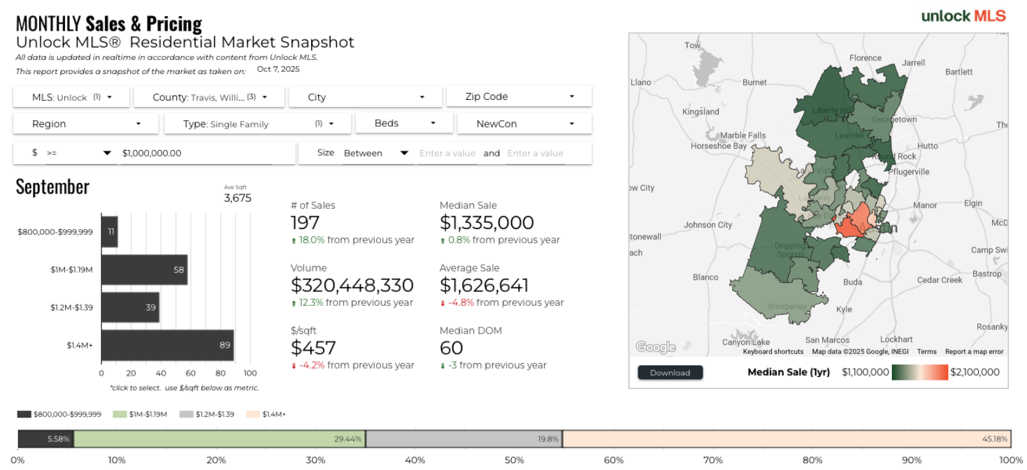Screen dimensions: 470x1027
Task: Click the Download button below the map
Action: click(x=670, y=372)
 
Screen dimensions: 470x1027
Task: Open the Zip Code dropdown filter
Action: click(x=519, y=96)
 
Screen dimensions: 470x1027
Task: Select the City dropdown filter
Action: click(x=365, y=97)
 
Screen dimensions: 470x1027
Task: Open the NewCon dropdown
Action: click(x=524, y=124)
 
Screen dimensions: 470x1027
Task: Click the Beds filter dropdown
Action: click(x=405, y=123)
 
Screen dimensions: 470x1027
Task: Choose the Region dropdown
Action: click(x=86, y=124)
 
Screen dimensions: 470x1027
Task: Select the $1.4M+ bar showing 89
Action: click(x=167, y=345)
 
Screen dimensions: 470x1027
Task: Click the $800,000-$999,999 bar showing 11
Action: click(x=109, y=231)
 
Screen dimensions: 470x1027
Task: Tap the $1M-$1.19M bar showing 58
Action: click(x=144, y=269)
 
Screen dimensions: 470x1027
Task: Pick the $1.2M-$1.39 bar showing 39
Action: click(x=130, y=307)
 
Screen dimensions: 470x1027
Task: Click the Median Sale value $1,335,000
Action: click(x=487, y=223)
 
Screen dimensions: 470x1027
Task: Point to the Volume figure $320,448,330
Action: click(x=352, y=286)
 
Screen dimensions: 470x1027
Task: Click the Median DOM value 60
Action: click(x=451, y=348)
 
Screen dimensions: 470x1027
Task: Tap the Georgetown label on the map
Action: click(x=894, y=119)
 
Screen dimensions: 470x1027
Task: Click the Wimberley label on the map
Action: click(x=787, y=307)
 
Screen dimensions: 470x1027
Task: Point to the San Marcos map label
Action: click(x=826, y=340)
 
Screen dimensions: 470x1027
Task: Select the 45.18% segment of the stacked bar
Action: click(x=787, y=439)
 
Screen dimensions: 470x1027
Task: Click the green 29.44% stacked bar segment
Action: click(x=220, y=439)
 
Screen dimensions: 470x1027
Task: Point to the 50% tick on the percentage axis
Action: click(x=514, y=460)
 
